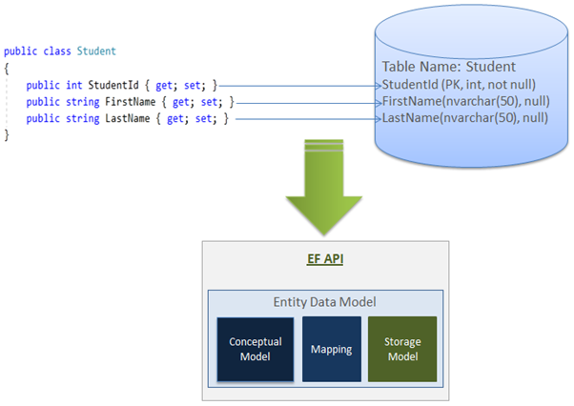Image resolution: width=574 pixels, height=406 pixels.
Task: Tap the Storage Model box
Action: [401, 350]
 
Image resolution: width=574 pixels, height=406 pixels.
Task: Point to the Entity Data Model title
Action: [325, 302]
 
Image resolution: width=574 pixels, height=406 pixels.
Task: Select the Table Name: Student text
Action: [448, 68]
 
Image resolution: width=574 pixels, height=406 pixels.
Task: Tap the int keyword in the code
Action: [73, 85]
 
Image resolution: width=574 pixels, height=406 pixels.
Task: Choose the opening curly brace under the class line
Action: [7, 68]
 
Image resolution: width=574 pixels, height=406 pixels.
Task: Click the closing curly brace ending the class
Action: [7, 135]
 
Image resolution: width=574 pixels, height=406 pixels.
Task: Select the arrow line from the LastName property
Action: [305, 119]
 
